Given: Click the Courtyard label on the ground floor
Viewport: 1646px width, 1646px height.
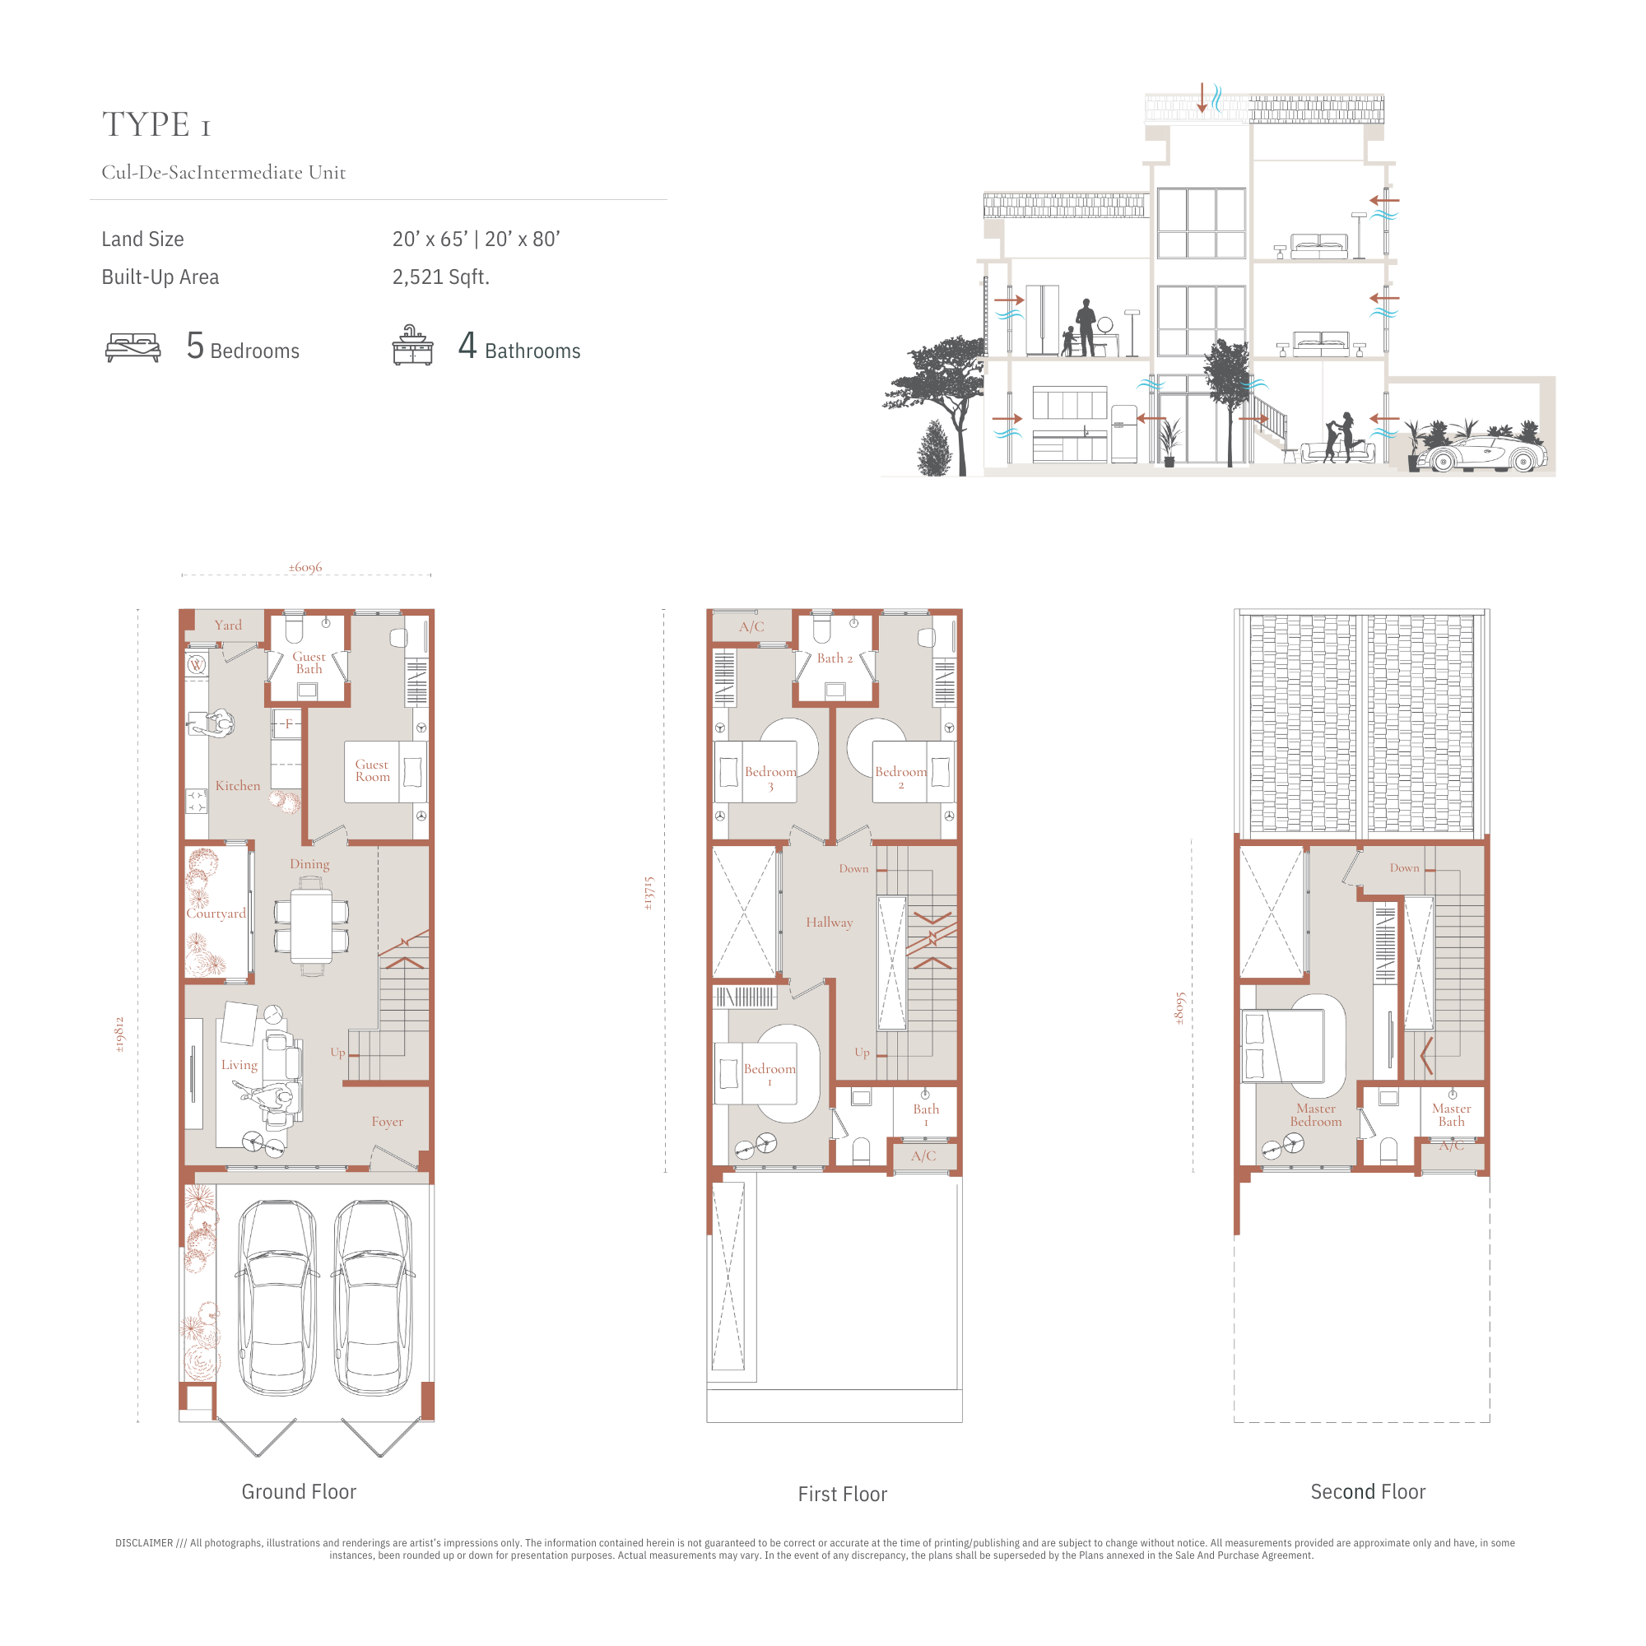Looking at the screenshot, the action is pyautogui.click(x=216, y=914).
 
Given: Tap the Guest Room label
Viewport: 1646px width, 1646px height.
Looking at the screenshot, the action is pyautogui.click(x=372, y=770).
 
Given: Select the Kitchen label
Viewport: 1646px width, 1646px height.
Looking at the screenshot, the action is pyautogui.click(x=238, y=785).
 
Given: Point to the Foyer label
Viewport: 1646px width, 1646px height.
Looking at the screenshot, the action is pyautogui.click(x=388, y=1122).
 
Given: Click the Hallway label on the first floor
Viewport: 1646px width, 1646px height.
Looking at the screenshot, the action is pyautogui.click(x=830, y=923).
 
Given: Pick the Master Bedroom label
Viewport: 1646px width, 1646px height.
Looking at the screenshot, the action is pyautogui.click(x=1316, y=1115).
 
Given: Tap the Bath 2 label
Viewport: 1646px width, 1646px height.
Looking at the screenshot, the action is pyautogui.click(x=835, y=658).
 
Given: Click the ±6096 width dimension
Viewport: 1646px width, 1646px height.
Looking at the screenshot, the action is pyautogui.click(x=305, y=567).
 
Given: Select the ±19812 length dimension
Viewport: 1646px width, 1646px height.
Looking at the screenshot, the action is pyautogui.click(x=120, y=1035).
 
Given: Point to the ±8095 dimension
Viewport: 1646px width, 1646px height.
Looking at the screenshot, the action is pyautogui.click(x=1180, y=1009).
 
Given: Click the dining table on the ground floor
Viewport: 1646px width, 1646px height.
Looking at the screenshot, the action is pyautogui.click(x=311, y=926).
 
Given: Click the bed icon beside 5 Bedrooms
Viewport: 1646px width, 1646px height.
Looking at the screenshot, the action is pyautogui.click(x=133, y=347).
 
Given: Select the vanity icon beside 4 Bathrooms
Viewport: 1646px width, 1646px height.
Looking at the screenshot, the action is pyautogui.click(x=413, y=345).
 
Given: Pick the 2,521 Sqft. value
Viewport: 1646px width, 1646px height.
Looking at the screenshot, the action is pyautogui.click(x=440, y=277).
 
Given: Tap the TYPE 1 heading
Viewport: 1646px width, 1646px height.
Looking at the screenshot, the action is pyautogui.click(x=156, y=124).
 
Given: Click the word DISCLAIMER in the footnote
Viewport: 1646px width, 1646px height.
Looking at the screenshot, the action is pyautogui.click(x=144, y=1543).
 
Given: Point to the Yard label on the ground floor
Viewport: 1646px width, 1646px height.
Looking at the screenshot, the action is pyautogui.click(x=228, y=625).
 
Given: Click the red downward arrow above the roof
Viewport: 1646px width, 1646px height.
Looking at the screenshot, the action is pyautogui.click(x=1202, y=98).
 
